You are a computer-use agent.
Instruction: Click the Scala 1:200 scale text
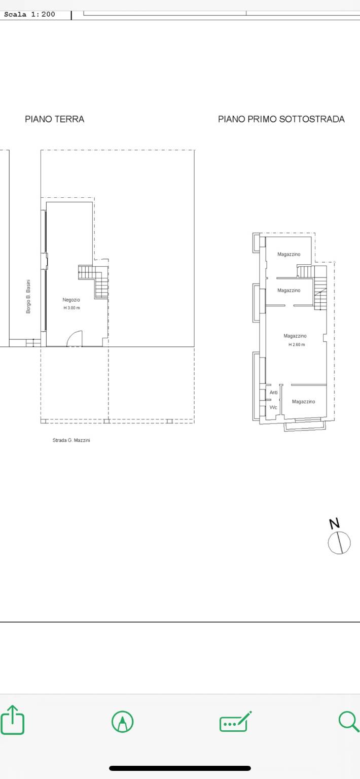point(29,14)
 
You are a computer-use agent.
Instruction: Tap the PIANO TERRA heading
point(55,119)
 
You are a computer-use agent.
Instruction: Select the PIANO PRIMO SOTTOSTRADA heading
point(281,119)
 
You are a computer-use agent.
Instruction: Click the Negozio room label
point(71,300)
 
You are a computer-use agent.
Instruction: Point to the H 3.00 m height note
point(71,308)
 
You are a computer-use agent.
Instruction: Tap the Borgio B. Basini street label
point(28,296)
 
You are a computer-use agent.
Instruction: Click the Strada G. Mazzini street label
point(71,440)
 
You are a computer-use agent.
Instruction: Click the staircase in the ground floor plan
point(93,281)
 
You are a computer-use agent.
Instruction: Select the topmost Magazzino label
point(289,254)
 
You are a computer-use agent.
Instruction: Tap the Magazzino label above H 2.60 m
point(295,336)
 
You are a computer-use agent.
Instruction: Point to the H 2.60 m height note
point(297,345)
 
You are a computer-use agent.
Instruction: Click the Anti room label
point(274,392)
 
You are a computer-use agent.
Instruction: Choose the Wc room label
point(273,407)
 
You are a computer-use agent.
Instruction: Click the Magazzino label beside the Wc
point(304,402)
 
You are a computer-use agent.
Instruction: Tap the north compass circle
point(339,543)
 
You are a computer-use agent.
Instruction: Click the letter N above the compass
point(334,524)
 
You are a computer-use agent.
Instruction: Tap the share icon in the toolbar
point(13,720)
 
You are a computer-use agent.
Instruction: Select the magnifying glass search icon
point(349,721)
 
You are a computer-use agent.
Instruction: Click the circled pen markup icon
point(122,722)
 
